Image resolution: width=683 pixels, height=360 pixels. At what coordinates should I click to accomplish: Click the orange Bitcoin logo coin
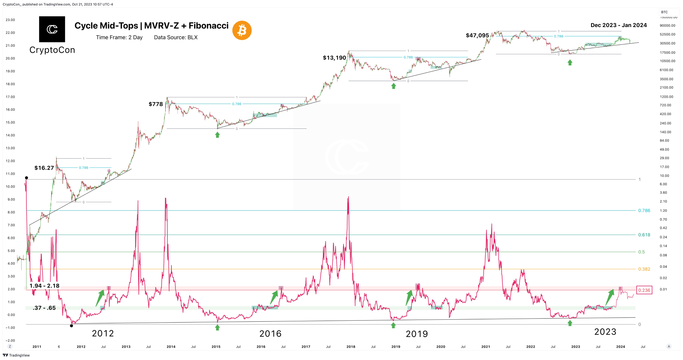(x=242, y=30)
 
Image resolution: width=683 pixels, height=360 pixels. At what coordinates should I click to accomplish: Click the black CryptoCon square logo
(x=52, y=29)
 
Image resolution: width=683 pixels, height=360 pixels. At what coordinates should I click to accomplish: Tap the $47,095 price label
(x=477, y=35)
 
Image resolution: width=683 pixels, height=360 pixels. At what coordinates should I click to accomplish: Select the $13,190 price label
(x=334, y=58)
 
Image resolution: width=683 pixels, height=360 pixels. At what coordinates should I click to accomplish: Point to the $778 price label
(x=156, y=104)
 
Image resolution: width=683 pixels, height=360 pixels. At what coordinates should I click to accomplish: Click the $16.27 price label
(x=44, y=168)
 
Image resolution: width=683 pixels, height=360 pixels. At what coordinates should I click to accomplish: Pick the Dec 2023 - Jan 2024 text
(x=619, y=25)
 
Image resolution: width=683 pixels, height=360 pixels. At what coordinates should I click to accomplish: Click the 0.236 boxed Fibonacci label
(x=644, y=290)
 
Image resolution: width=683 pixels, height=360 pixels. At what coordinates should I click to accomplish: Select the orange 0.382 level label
(x=644, y=269)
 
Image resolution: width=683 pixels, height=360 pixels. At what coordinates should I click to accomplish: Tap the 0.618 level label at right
(x=644, y=235)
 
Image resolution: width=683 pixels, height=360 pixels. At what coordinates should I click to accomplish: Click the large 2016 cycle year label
(x=270, y=333)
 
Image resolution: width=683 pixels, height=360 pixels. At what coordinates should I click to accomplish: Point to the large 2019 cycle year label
(x=417, y=334)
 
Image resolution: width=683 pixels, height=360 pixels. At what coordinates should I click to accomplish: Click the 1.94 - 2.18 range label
(x=44, y=286)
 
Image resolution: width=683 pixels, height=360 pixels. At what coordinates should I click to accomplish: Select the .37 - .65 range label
(x=44, y=308)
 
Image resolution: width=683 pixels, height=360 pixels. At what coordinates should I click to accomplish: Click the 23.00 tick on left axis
(x=10, y=20)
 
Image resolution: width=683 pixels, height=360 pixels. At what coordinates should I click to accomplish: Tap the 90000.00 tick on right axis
(x=667, y=25)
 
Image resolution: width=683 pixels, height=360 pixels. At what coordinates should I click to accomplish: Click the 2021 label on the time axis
(x=486, y=347)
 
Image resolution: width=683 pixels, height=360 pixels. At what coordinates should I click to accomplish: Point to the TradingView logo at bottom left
(x=16, y=355)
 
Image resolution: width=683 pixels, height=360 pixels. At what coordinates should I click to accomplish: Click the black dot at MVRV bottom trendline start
(x=71, y=326)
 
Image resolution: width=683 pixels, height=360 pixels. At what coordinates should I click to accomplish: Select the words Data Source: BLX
(x=176, y=37)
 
